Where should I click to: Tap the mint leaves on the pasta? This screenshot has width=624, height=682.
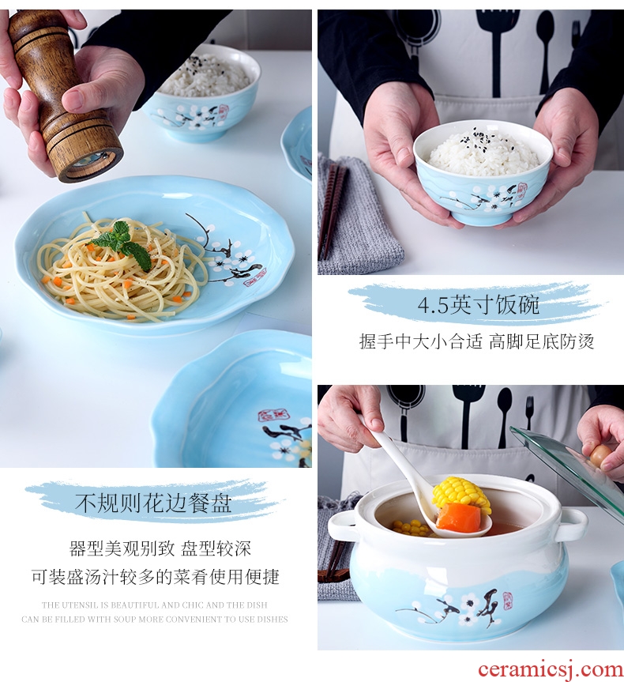(124, 243)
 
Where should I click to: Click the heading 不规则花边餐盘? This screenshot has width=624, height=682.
(153, 503)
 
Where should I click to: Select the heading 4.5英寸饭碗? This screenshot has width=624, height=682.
(479, 304)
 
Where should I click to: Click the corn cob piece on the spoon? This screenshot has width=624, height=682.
(461, 495)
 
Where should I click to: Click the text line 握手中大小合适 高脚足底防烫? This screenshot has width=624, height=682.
(476, 341)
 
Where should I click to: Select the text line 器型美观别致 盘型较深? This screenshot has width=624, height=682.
(160, 548)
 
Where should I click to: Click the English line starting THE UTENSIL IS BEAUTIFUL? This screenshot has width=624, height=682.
(154, 605)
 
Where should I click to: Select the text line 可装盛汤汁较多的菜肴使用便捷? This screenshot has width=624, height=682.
(156, 577)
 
